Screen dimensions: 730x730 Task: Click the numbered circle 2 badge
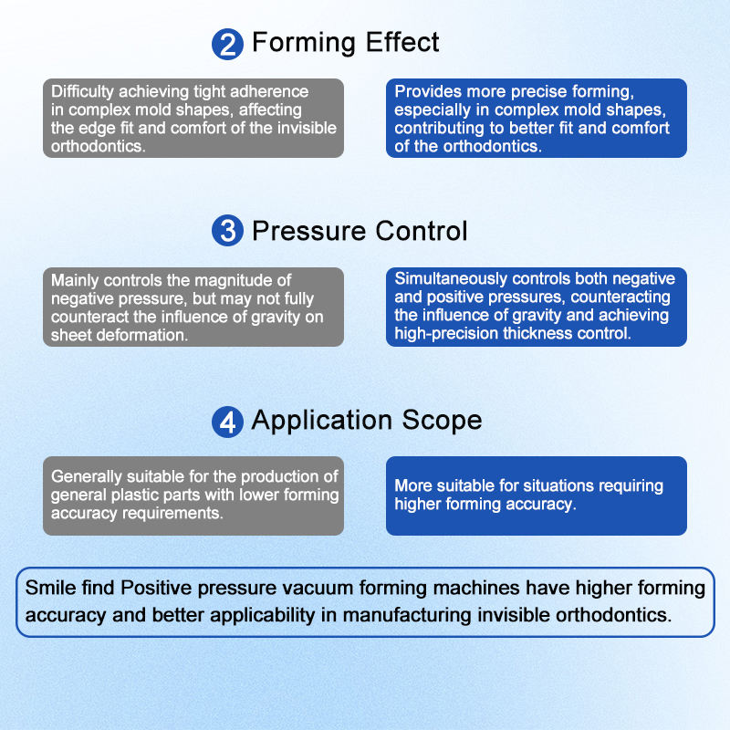226,44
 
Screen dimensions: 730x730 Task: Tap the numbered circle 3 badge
226,232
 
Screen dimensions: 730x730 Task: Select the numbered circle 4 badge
226,422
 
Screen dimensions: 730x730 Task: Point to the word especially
433,110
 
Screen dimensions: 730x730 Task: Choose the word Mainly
77,280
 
